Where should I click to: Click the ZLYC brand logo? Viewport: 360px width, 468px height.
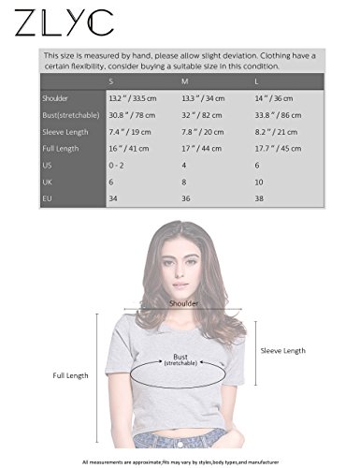[x=65, y=22]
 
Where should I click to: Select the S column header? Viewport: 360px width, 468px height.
[x=113, y=80]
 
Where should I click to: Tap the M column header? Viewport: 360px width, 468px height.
[x=184, y=80]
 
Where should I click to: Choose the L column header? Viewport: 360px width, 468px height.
[x=257, y=80]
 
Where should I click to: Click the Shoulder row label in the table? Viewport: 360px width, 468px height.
[x=56, y=97]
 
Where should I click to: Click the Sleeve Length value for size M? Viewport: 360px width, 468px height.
[x=199, y=131]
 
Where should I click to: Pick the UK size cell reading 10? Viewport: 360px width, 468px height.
[x=259, y=182]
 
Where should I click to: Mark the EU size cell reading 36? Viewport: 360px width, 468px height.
[x=185, y=199]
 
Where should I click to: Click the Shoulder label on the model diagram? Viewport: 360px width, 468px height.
[x=183, y=304]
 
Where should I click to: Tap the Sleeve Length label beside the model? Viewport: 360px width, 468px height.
[x=282, y=350]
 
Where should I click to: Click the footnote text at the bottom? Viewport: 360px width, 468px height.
[x=180, y=462]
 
